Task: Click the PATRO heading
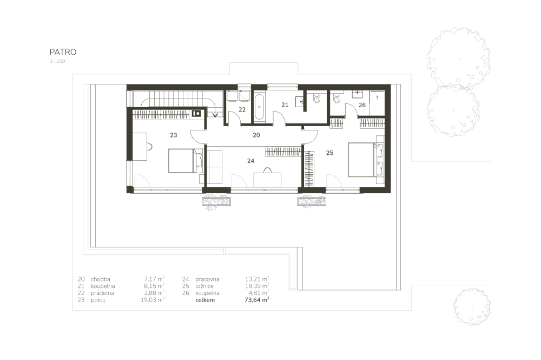[x=63, y=52]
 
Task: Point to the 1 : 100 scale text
[x=57, y=61]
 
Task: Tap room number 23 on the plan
[x=174, y=135]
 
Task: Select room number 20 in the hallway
[x=256, y=135]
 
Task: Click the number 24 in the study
[x=251, y=161]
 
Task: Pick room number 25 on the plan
[x=330, y=153]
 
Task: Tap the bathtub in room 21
[x=260, y=107]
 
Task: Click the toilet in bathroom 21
[x=316, y=98]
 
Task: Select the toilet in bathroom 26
[x=337, y=98]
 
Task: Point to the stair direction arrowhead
[x=215, y=115]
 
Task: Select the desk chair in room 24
[x=267, y=170]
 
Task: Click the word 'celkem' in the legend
[x=205, y=300]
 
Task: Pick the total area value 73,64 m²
[x=256, y=299]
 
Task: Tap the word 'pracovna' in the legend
[x=207, y=279]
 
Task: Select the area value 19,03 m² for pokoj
[x=152, y=299]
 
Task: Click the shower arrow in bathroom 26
[x=377, y=97]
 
